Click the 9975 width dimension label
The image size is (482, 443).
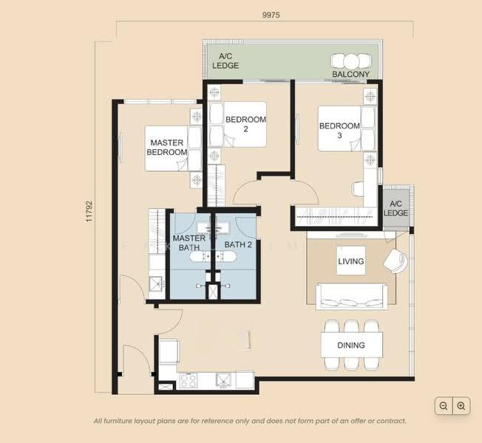[x=271, y=15]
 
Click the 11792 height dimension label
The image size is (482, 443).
[x=89, y=211]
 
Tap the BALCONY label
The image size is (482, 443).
[x=350, y=75]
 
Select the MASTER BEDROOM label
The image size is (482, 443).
[x=167, y=148]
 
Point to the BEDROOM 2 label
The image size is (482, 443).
[x=245, y=124]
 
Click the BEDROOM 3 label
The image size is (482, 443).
[x=339, y=131]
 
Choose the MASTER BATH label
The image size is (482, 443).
[x=189, y=243]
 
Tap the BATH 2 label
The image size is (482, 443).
[x=238, y=244]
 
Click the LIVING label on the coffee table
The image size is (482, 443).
[x=351, y=261]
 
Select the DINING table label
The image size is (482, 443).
[x=351, y=346]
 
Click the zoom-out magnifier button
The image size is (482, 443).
[x=444, y=406]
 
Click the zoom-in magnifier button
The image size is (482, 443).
[x=461, y=406]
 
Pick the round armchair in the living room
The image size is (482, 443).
[x=396, y=261]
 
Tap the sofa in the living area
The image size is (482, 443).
[x=351, y=296]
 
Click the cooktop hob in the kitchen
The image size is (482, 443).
[x=188, y=381]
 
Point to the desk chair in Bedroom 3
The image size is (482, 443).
[x=358, y=188]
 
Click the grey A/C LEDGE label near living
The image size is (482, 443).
[x=396, y=208]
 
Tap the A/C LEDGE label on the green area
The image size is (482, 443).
[x=225, y=61]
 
